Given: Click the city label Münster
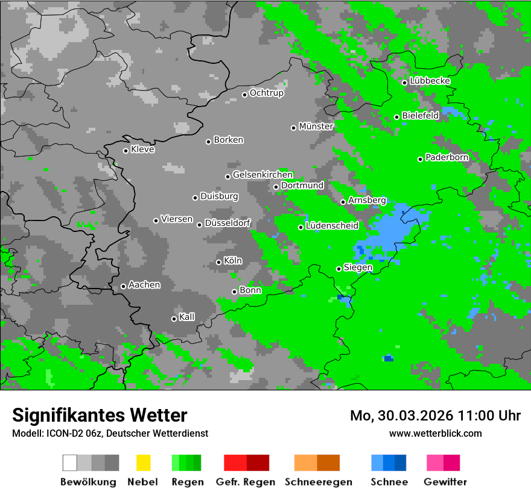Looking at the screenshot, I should (x=316, y=127).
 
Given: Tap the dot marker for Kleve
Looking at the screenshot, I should (x=126, y=151).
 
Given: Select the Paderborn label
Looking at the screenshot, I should (x=447, y=158).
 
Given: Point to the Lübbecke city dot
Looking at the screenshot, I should (x=404, y=83).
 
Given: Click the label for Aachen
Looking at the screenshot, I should (x=144, y=285).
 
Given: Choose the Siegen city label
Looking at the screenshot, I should (x=358, y=267).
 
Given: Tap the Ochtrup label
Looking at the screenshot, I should (x=266, y=93).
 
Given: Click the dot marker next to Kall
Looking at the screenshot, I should (x=174, y=319).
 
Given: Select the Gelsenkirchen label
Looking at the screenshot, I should (x=262, y=175).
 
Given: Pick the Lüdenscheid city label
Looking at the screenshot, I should (x=332, y=226).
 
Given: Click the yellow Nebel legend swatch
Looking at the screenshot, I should (x=143, y=463).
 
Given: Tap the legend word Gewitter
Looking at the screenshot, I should (x=445, y=482).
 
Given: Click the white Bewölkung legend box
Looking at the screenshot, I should (x=69, y=463).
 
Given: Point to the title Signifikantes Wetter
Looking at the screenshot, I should (x=100, y=415).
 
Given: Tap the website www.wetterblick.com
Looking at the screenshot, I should (x=436, y=433).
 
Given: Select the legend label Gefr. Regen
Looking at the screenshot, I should (x=246, y=482).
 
